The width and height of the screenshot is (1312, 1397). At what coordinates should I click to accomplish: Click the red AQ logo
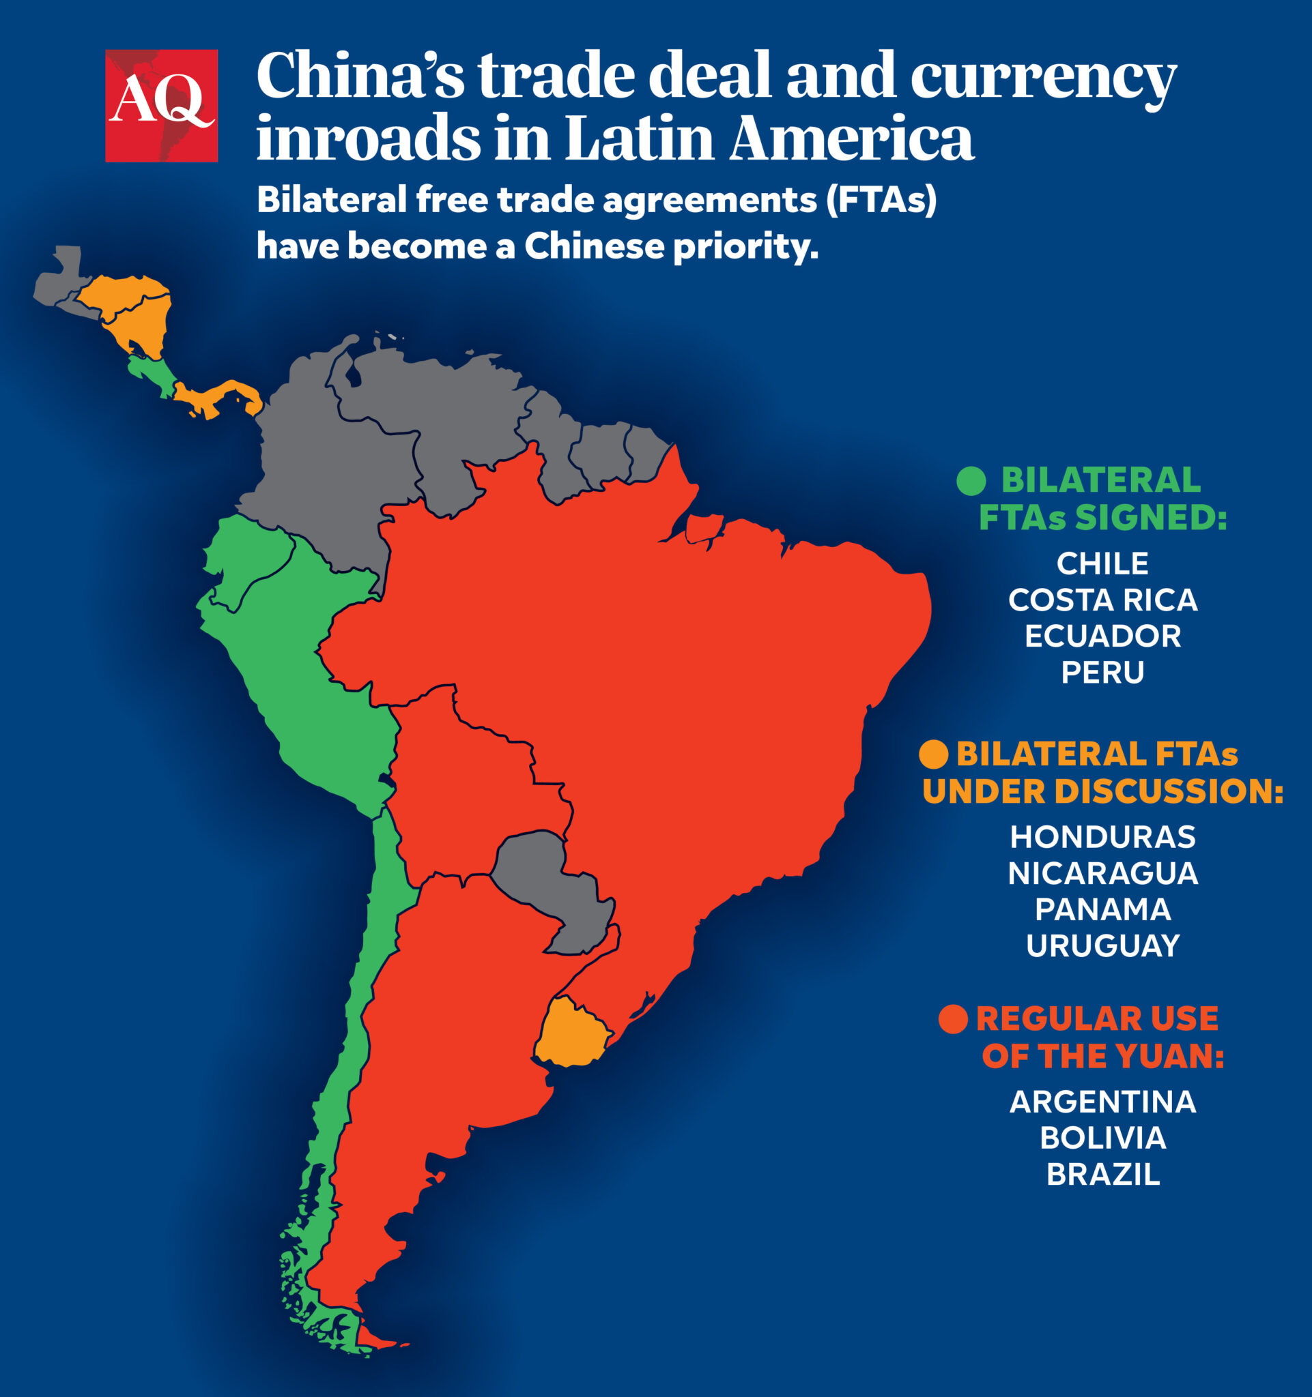tap(161, 106)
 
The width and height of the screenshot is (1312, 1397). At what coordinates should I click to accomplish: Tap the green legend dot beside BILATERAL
tap(971, 481)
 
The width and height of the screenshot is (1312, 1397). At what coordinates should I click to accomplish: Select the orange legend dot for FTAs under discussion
tap(933, 754)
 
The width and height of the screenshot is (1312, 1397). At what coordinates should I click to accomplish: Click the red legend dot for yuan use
tap(953, 1019)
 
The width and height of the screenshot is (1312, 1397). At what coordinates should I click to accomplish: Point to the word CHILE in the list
tap(1102, 563)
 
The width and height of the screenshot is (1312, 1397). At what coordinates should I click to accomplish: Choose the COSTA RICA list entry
tap(1102, 600)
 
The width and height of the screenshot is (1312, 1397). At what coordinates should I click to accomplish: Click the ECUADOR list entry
tap(1102, 636)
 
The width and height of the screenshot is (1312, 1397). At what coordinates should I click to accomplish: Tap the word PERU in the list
tap(1102, 673)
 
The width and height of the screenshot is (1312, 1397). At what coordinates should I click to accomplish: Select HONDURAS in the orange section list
tap(1102, 837)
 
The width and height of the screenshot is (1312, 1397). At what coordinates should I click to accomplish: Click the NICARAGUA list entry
tap(1102, 874)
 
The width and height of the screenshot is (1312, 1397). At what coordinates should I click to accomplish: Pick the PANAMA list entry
tap(1102, 909)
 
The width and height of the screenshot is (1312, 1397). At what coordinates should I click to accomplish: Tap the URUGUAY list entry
tap(1102, 946)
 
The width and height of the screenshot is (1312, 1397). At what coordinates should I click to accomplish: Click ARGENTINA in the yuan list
tap(1102, 1102)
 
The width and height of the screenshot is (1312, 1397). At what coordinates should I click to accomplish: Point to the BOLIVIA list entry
tap(1102, 1138)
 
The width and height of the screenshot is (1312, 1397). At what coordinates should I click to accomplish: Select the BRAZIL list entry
tap(1102, 1175)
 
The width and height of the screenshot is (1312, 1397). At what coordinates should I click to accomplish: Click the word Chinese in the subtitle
tap(594, 246)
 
